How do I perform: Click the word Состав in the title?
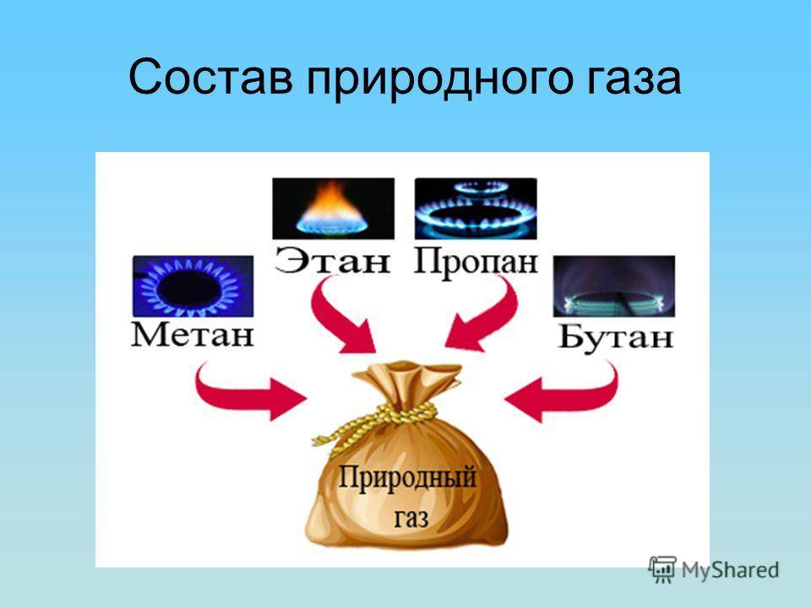pos(210,77)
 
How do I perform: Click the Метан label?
pos(193,334)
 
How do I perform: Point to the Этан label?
pos(333,261)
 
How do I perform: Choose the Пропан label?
pos(476,261)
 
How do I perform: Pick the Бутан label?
pos(616,337)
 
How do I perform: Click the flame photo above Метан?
pos(193,286)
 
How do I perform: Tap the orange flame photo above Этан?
pos(333,209)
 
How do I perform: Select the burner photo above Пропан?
pos(476,209)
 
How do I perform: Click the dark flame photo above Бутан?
pos(614,286)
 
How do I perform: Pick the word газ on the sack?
pos(411,518)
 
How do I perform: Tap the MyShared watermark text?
pos(730,570)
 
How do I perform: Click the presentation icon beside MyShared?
pos(662,569)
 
